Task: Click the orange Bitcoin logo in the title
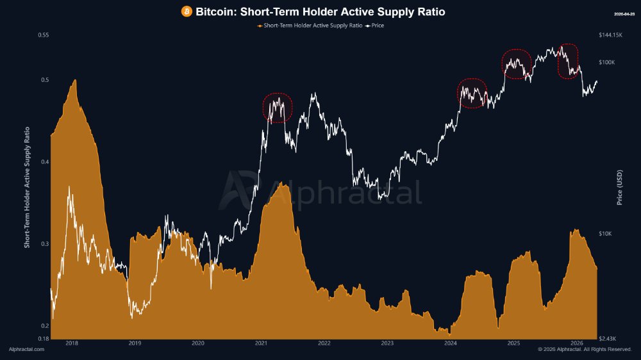(x=187, y=12)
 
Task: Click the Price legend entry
(x=375, y=26)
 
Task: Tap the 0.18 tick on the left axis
(x=44, y=338)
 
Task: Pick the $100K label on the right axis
(x=606, y=62)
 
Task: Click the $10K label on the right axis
(x=605, y=234)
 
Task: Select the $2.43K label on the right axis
(x=607, y=338)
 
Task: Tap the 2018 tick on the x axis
(x=72, y=343)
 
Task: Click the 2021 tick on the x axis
(x=261, y=343)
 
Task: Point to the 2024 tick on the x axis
(x=450, y=343)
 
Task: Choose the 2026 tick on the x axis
(x=576, y=343)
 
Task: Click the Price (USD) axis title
(x=620, y=186)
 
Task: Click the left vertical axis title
(x=27, y=186)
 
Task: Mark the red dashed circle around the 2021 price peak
(x=278, y=108)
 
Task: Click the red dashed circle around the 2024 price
(x=472, y=94)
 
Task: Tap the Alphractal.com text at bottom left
(x=27, y=349)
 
